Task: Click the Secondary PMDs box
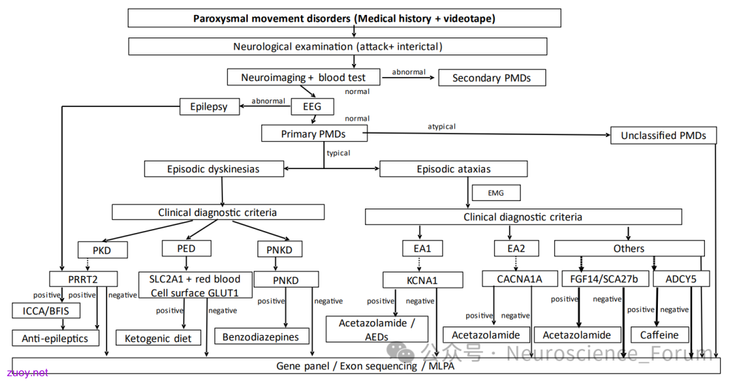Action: point(491,78)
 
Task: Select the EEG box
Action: point(312,106)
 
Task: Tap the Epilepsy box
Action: point(209,106)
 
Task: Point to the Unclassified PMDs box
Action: point(663,135)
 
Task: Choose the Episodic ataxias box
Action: point(453,169)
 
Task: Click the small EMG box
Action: point(496,193)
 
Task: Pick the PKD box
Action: point(102,250)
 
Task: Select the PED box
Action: point(186,249)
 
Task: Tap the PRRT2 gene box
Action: point(83,279)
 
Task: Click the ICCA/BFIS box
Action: point(46,311)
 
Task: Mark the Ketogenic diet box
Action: point(158,338)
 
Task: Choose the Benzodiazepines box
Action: point(261,337)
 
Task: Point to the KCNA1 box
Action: point(422,280)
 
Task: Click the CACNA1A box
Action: point(519,279)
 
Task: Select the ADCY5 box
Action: point(681,279)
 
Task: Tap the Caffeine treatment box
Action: point(659,335)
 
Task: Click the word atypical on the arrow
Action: point(442,126)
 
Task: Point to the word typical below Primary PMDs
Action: point(338,153)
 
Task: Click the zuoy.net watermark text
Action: point(27,373)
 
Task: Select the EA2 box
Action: point(516,248)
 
